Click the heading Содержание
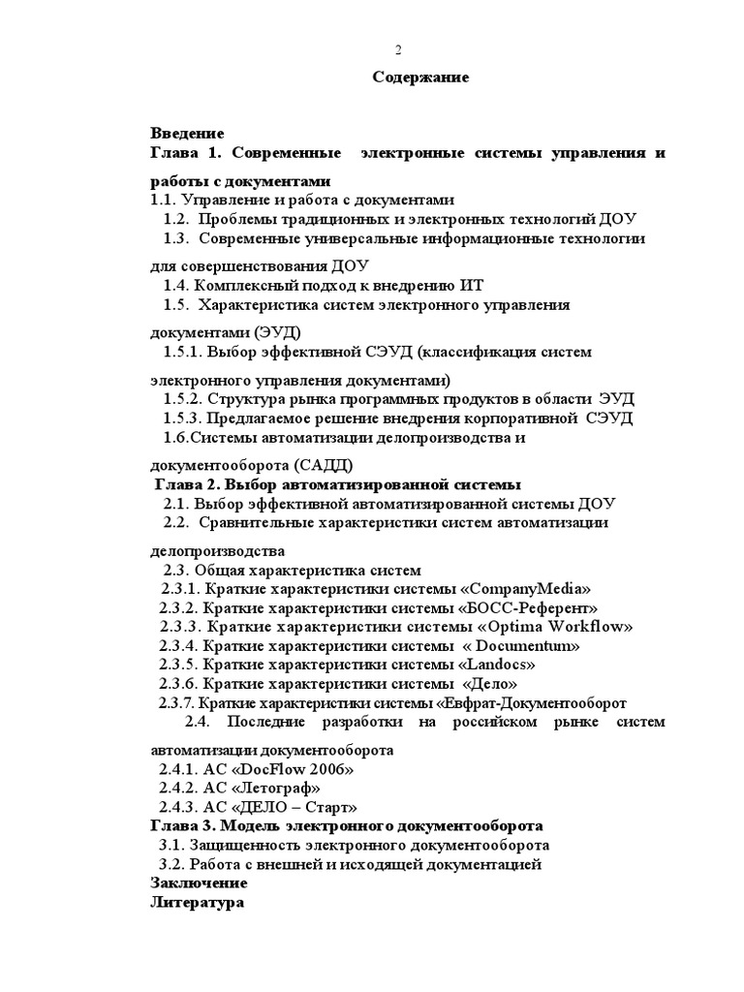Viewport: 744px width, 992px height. click(x=421, y=77)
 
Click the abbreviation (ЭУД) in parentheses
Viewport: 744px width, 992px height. click(x=257, y=332)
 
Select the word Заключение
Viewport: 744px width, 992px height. click(x=200, y=883)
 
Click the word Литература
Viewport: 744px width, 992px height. click(x=198, y=903)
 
